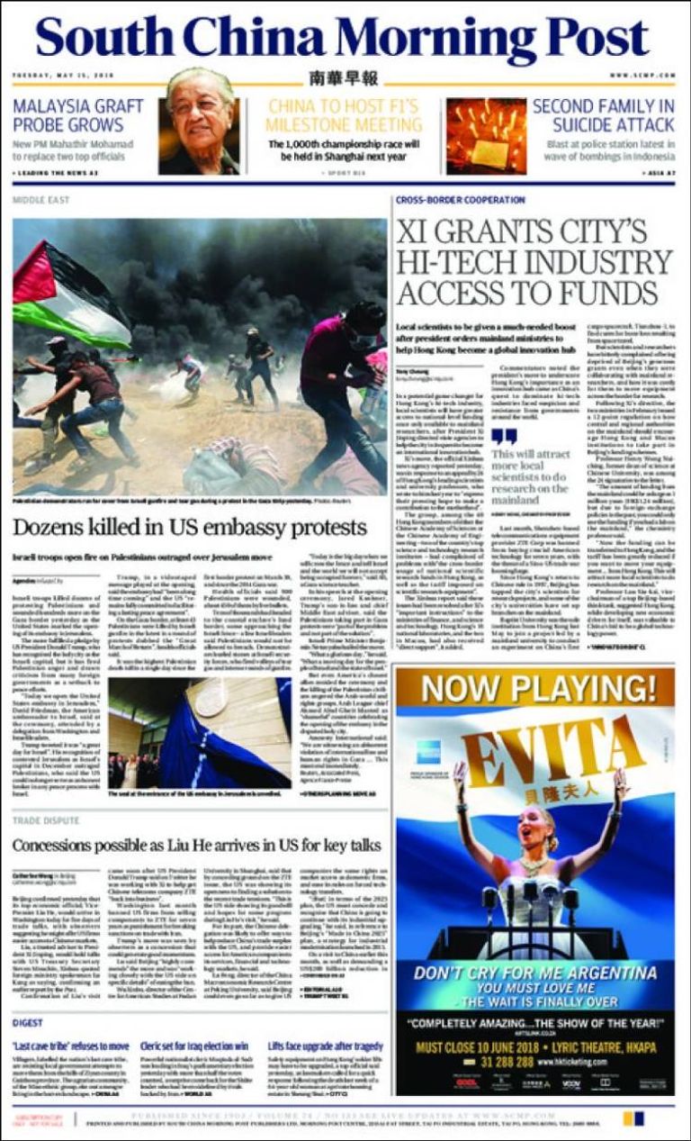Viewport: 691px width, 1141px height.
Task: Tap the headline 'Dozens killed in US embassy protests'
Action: click(x=190, y=527)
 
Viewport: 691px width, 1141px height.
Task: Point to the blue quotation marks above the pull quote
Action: click(x=505, y=435)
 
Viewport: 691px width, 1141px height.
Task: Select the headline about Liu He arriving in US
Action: click(x=197, y=846)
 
